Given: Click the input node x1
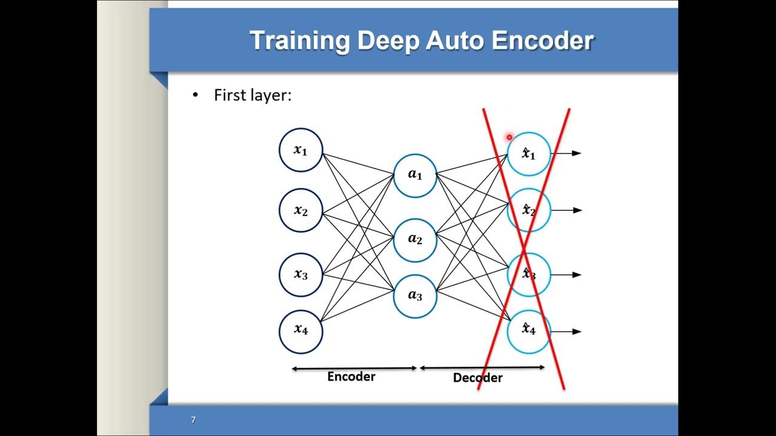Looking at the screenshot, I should (301, 150).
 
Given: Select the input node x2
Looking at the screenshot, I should (301, 210).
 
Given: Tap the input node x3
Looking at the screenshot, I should (301, 274).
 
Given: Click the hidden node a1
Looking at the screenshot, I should (415, 175).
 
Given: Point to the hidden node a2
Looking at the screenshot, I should (415, 239).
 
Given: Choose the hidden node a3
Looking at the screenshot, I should (415, 296).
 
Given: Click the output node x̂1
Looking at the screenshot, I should (529, 154).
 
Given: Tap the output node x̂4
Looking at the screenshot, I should (529, 331).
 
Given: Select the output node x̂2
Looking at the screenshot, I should (529, 210).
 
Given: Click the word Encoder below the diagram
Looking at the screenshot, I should (351, 377).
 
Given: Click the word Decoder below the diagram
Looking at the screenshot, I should (478, 378).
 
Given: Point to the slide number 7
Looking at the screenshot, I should (193, 420).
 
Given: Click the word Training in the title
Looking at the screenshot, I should (299, 41).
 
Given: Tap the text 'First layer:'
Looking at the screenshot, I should (252, 95).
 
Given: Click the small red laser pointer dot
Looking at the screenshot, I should (509, 137).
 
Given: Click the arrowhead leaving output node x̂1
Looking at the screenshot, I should (577, 154).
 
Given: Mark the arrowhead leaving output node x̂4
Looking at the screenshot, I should (577, 331).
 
